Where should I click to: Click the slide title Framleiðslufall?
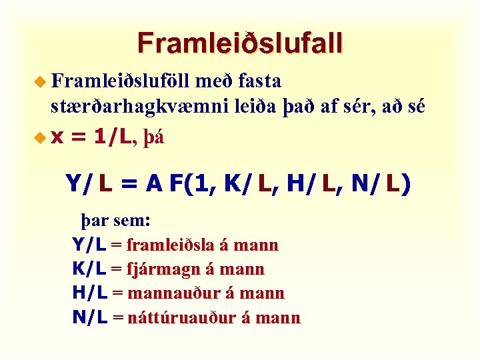(x=240, y=43)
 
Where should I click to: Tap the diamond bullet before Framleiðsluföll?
(x=41, y=82)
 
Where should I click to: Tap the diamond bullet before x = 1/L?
(x=41, y=137)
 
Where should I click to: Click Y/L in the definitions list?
(x=89, y=245)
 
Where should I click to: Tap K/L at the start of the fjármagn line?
(x=89, y=269)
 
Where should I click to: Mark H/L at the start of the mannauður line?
(x=89, y=293)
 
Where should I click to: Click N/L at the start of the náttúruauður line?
(x=89, y=317)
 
